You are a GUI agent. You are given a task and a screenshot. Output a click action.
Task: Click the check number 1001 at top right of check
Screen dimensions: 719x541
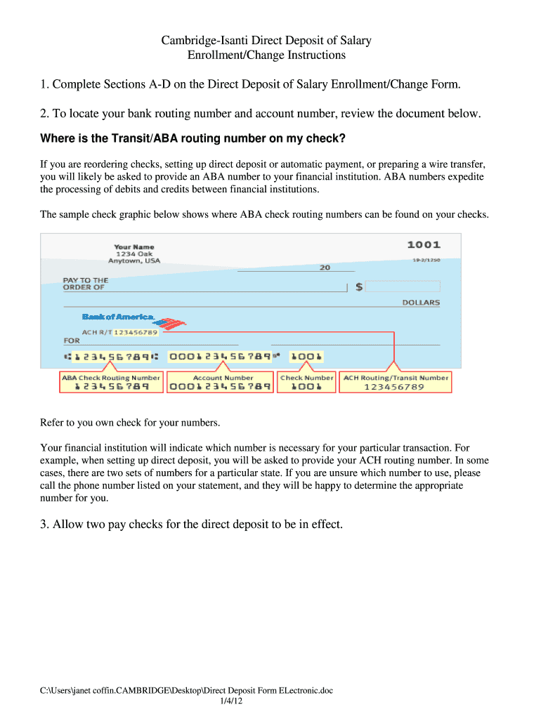424,245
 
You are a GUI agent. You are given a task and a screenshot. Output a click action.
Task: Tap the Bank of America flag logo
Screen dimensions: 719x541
169,324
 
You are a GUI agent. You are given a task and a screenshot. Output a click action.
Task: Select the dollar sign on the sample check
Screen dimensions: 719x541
359,286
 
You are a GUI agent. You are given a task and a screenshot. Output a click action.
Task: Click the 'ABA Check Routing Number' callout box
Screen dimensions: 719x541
111,382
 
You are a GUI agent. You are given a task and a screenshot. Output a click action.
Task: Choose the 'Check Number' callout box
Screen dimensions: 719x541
306,382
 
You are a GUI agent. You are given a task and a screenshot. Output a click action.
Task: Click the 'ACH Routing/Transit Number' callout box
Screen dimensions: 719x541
395,382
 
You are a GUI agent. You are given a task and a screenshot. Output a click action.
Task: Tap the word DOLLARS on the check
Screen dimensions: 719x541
421,303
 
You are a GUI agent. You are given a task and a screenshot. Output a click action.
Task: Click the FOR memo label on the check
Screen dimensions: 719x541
72,341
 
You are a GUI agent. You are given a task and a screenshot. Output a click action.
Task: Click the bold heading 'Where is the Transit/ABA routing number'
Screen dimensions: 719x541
193,138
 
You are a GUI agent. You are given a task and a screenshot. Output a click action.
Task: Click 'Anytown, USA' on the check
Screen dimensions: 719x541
133,260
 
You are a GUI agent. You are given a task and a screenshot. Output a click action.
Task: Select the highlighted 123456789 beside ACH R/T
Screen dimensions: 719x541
136,332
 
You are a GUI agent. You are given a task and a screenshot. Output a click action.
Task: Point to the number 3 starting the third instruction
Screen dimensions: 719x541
44,524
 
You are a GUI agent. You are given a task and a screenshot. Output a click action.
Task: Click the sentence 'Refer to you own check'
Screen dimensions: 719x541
130,423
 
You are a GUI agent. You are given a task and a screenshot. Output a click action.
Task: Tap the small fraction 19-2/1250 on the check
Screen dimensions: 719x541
426,260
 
